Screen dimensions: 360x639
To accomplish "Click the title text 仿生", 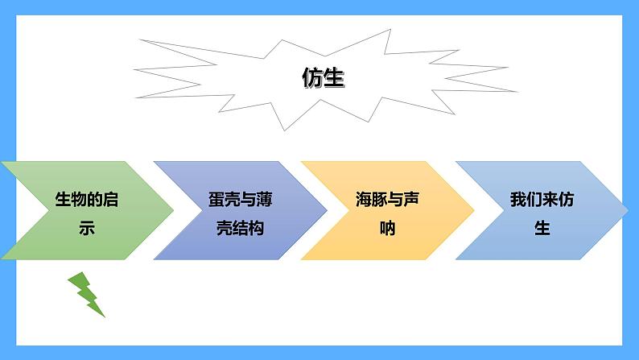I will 323,78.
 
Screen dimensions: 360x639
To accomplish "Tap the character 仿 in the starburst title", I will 312,78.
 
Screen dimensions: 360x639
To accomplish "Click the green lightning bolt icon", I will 87,294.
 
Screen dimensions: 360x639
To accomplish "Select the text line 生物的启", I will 86,200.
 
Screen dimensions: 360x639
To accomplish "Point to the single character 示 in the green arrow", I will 86,228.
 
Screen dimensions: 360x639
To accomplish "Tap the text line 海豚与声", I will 388,200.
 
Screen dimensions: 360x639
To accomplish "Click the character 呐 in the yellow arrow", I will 388,228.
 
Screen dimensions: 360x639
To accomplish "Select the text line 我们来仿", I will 542,200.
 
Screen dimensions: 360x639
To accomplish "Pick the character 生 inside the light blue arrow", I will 542,228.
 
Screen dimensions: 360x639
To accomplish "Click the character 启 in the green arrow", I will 110,200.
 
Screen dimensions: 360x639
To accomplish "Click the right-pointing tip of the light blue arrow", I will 625,210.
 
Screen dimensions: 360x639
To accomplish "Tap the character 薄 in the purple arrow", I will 258,200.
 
